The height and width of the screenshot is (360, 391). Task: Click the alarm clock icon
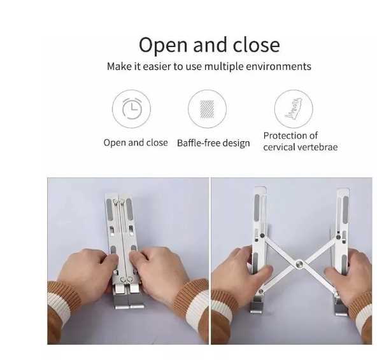[x=132, y=109]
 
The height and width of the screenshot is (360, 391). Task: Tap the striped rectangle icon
[x=207, y=109]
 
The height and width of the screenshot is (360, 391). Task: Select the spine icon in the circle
[x=294, y=109]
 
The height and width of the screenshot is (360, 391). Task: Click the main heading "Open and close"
[x=210, y=45]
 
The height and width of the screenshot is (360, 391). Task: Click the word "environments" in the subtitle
[x=278, y=67]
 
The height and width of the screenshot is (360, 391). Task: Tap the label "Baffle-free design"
[x=213, y=143]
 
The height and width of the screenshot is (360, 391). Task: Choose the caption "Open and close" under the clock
[x=136, y=142]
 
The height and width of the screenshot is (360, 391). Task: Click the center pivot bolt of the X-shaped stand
[x=299, y=264]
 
